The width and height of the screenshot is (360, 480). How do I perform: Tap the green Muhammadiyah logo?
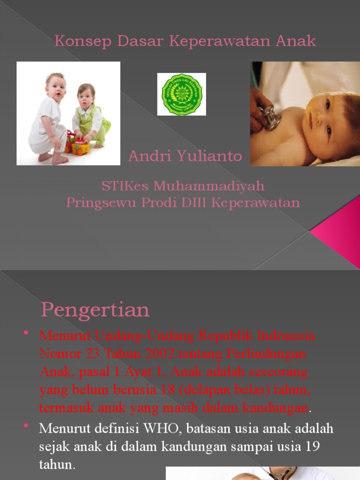click(x=181, y=94)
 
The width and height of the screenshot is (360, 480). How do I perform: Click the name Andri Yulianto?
click(x=185, y=156)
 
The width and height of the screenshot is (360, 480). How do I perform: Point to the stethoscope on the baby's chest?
click(x=270, y=118)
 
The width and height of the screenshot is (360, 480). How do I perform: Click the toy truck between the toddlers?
click(x=78, y=144)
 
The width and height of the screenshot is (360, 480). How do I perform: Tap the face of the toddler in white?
click(x=56, y=88)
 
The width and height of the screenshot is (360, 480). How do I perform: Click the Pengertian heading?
click(x=95, y=310)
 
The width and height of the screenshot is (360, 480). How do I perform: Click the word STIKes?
click(x=125, y=186)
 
